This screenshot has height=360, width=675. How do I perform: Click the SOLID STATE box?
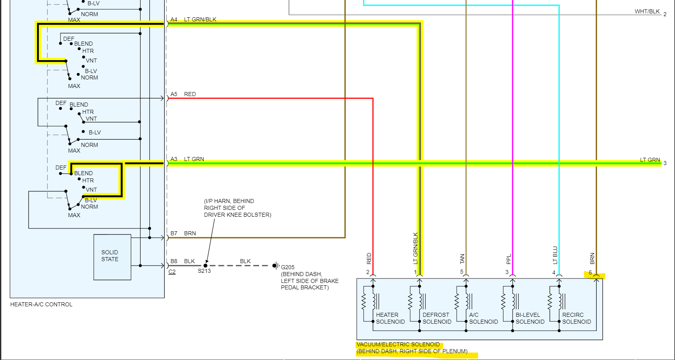[112, 257]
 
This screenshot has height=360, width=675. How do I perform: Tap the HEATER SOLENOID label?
[390, 318]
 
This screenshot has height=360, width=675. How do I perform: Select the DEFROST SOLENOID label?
[437, 318]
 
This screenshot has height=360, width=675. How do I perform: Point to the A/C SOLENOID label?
[483, 318]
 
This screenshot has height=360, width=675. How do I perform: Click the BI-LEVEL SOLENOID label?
[530, 318]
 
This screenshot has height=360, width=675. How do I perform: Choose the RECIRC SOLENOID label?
[576, 318]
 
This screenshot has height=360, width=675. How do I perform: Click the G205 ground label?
[288, 267]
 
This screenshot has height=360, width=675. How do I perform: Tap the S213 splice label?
[204, 271]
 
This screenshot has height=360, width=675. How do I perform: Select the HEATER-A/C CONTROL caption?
[41, 304]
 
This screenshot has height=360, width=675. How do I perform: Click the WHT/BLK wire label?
[647, 11]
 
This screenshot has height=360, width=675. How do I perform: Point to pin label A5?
[174, 94]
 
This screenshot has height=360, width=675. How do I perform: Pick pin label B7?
[174, 233]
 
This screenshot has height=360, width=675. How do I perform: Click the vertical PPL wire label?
[509, 259]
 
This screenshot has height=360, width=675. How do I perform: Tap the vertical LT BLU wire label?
[555, 255]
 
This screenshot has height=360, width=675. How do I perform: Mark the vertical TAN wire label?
[462, 259]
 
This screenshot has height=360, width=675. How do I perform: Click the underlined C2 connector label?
[172, 272]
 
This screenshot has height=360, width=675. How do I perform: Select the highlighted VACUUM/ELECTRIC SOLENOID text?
[398, 344]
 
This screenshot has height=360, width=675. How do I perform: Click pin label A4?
[174, 19]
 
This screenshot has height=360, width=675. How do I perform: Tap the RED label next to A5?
[190, 94]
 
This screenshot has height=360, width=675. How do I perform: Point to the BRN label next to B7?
[190, 233]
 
